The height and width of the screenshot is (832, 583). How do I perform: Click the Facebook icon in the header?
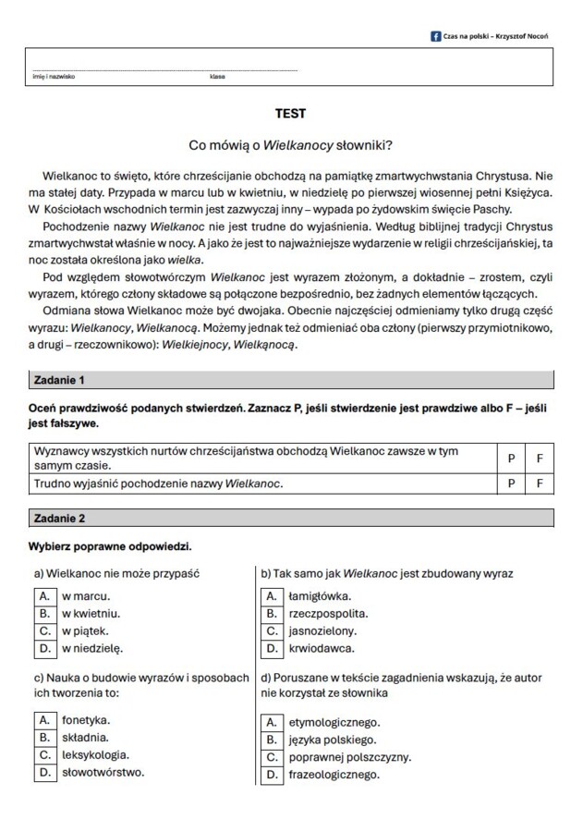[x=436, y=35]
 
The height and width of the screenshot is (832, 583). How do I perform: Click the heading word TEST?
[x=290, y=114]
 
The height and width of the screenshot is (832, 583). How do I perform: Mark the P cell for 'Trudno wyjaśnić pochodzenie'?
[x=512, y=483]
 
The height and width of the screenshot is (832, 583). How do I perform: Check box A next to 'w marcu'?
[x=43, y=595]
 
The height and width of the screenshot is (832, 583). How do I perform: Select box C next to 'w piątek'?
[x=43, y=630]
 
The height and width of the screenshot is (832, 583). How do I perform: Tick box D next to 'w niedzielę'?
[x=43, y=648]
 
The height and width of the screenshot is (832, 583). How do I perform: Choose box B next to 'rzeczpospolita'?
[x=272, y=613]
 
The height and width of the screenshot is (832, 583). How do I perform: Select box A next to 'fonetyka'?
[x=43, y=719]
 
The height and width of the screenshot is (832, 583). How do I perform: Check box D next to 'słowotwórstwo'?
[x=43, y=772]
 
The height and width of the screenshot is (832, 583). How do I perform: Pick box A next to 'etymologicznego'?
[x=272, y=722]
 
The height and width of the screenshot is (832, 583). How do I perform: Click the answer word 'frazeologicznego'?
[x=334, y=775]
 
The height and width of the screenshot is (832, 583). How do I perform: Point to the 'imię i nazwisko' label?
[x=55, y=77]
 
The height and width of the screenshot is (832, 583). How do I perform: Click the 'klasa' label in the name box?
[x=217, y=77]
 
